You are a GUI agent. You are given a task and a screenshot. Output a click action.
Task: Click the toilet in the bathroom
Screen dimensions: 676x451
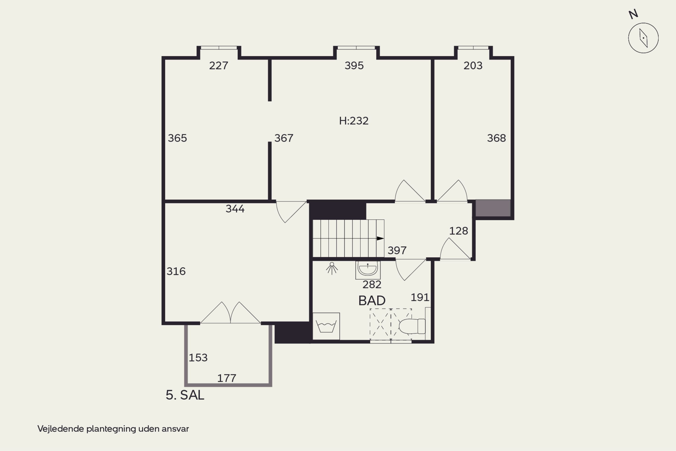(x=412, y=326)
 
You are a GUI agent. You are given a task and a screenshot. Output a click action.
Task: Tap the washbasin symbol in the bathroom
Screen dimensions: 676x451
(x=368, y=270)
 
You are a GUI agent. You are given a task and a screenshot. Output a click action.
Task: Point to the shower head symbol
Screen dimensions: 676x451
(x=332, y=268)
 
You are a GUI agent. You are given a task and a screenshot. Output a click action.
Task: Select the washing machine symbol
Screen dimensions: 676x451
(x=326, y=326)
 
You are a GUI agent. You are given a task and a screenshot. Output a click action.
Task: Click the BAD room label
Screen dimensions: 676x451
(x=372, y=301)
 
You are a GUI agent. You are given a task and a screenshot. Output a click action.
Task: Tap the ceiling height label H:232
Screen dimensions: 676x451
(x=354, y=121)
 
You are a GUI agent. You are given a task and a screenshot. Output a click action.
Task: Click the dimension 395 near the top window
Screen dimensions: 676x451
(x=354, y=66)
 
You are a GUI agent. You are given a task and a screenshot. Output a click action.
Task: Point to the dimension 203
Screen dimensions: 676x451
(x=473, y=66)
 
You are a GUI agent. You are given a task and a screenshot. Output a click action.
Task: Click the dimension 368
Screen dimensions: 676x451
(x=496, y=138)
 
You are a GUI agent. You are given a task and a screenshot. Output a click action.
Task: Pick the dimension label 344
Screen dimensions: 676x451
(x=235, y=209)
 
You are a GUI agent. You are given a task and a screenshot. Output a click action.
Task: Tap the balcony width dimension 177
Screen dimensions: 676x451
(x=227, y=378)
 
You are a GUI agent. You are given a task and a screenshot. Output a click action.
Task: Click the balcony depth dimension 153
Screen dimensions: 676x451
(x=198, y=357)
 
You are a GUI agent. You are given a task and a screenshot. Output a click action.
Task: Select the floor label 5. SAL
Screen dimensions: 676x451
(x=185, y=395)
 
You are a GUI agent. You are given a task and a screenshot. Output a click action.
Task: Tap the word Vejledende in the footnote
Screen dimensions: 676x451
(x=61, y=429)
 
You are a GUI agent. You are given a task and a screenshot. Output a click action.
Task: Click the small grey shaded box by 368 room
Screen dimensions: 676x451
(x=493, y=208)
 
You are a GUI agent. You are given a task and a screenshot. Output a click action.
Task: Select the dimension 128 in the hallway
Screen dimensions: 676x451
(x=458, y=231)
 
